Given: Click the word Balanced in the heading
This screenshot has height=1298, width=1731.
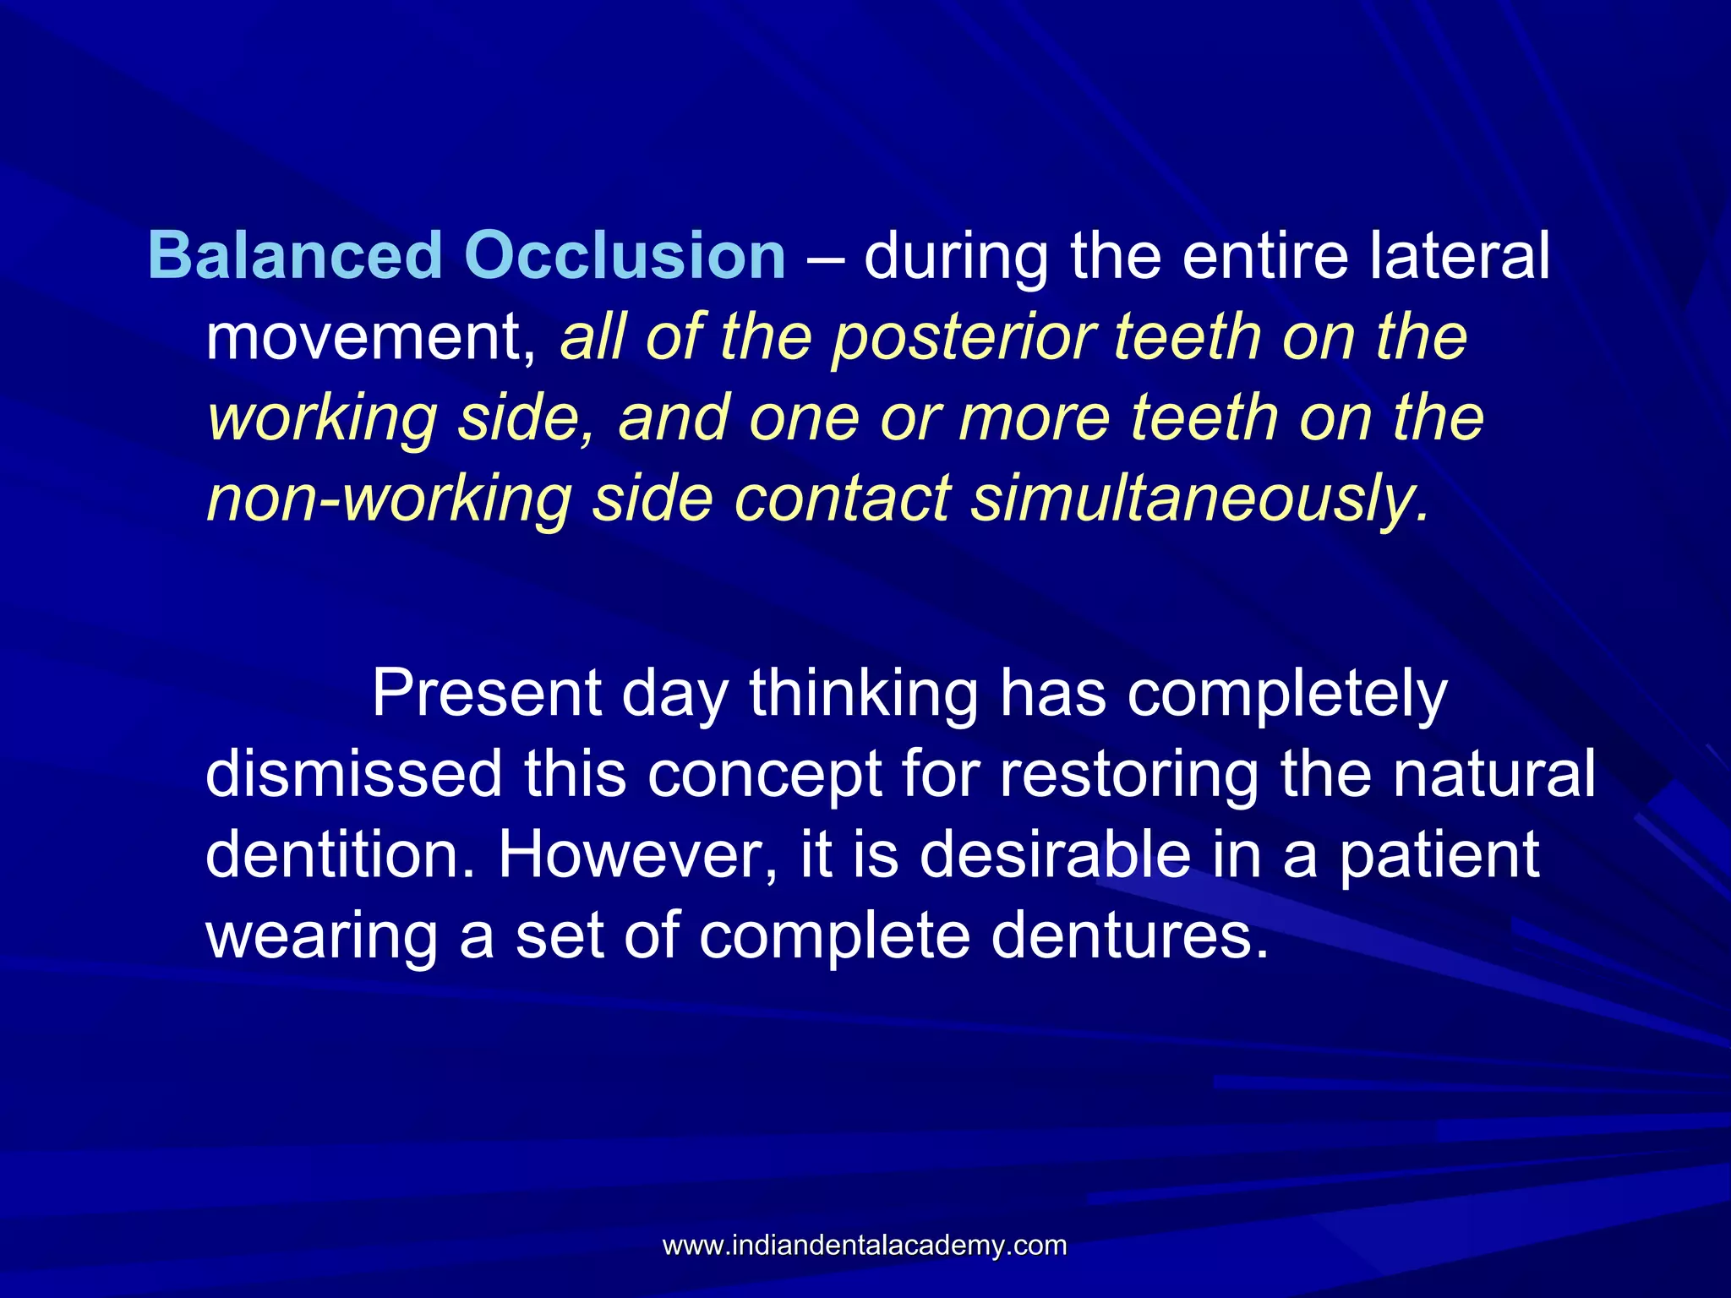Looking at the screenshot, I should (x=295, y=255).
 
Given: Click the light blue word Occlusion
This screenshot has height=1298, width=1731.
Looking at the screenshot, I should (x=625, y=255).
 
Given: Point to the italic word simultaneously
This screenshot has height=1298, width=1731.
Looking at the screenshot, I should (x=1199, y=499).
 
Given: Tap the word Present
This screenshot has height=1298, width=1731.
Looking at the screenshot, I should (x=487, y=693).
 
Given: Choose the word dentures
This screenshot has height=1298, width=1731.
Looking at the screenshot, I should (x=1130, y=935).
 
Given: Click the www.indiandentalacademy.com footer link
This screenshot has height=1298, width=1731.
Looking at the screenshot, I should (x=865, y=1246).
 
